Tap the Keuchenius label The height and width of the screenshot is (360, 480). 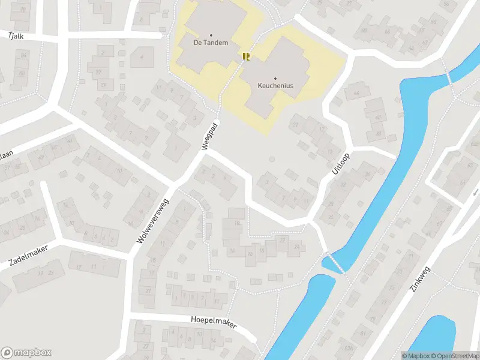pos(275,86)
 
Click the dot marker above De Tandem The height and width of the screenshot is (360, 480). pos(211,35)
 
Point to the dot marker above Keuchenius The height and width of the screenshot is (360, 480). pos(275,78)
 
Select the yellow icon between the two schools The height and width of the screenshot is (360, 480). pos(245,56)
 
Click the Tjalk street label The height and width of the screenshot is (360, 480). pos(15,36)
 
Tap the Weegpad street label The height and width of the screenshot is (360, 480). pos(209,137)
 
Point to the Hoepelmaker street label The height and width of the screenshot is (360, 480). pos(214,323)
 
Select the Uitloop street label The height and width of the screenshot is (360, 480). pos(340,163)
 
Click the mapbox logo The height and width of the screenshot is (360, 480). pos(26,353)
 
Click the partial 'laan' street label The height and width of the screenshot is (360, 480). pos(6,154)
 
